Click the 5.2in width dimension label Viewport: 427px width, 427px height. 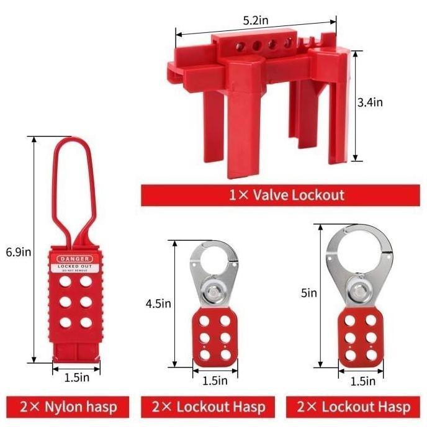point(255,21)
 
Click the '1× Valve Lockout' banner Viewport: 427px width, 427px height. point(282,195)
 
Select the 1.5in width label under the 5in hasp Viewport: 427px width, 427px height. point(362,381)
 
